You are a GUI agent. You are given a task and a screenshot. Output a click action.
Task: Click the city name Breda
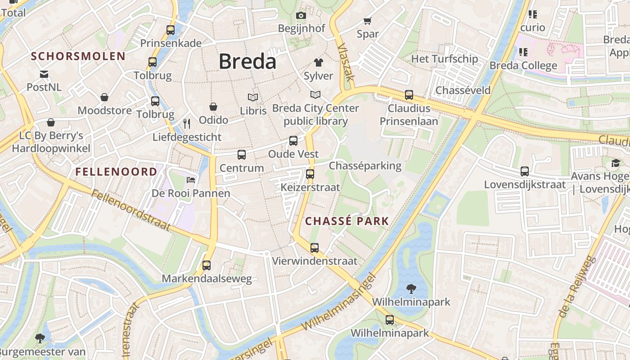coord(247,62)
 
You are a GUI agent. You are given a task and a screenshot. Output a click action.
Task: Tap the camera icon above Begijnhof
coord(301,16)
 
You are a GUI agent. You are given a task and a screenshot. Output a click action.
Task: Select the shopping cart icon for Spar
coord(367,21)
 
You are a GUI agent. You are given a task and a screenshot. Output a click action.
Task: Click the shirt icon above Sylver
coord(318,63)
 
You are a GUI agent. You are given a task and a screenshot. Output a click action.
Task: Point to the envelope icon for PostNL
coord(44,74)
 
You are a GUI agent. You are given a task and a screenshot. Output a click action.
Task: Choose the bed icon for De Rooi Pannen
coord(191,180)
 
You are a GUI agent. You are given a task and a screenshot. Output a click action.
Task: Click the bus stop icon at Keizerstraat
coord(310,174)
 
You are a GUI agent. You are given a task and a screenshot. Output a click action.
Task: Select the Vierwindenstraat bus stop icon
coord(314,247)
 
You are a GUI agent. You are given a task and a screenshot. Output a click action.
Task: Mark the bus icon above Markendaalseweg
coord(207,265)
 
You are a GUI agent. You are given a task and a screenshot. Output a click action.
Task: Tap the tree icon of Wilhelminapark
coord(411,288)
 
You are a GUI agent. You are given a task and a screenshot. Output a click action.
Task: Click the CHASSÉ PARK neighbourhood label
coord(346,221)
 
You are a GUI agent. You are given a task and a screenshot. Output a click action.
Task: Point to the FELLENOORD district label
coord(116,171)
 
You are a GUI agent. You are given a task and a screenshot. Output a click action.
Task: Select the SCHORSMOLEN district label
coord(78,56)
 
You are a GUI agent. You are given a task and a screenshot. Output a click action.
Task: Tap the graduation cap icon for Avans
coord(615,163)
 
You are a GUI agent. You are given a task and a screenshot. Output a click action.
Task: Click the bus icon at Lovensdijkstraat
coord(525,171)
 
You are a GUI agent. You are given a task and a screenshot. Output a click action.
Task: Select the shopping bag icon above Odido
coord(213,107)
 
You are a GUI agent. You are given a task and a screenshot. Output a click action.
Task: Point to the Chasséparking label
coord(365,166)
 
